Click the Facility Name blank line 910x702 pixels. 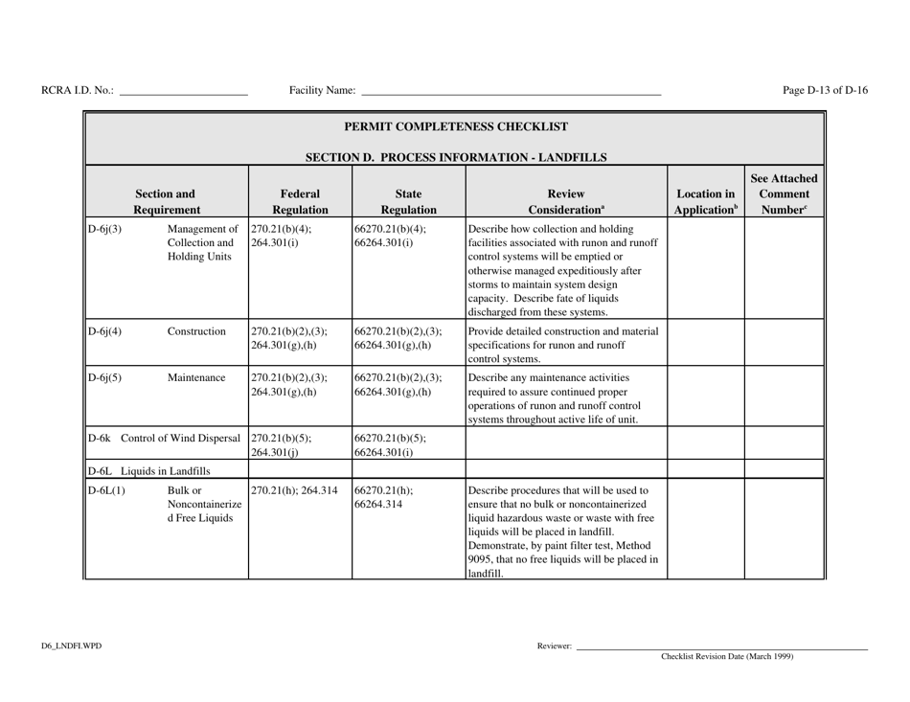(x=510, y=93)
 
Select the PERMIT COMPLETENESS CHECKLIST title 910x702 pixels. (x=455, y=126)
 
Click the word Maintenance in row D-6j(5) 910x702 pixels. (x=197, y=376)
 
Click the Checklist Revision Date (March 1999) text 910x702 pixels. (x=727, y=657)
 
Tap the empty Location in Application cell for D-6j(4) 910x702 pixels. (x=704, y=340)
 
